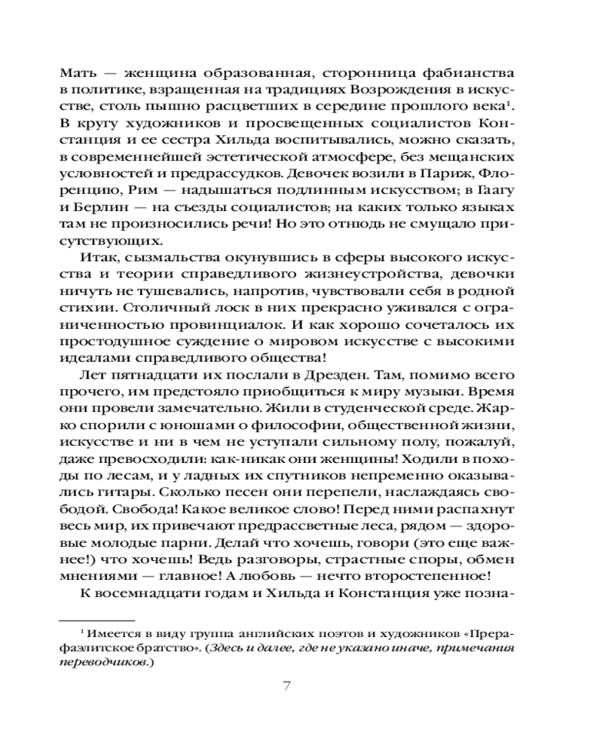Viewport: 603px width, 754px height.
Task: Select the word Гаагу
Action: (x=495, y=190)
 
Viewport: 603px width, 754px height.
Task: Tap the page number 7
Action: (x=286, y=687)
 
